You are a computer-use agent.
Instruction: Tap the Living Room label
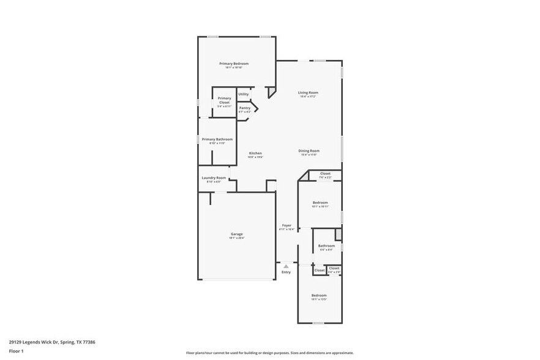click(x=309, y=92)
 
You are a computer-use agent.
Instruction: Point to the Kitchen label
click(x=255, y=153)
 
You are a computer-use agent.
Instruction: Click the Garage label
click(x=236, y=234)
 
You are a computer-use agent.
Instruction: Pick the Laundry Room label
click(x=214, y=178)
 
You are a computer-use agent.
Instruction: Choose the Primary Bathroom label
click(x=217, y=139)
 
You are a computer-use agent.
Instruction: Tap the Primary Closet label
click(x=225, y=100)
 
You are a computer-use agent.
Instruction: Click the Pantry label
click(x=244, y=108)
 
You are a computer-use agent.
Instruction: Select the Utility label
click(x=244, y=94)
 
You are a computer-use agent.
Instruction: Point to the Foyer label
click(x=287, y=225)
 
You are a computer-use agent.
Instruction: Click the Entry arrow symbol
click(x=286, y=266)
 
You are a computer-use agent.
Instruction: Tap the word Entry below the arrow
click(x=286, y=272)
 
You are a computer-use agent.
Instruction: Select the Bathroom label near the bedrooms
click(x=326, y=246)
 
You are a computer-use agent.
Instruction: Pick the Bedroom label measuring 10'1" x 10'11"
click(x=320, y=203)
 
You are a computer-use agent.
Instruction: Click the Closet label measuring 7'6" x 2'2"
click(x=325, y=173)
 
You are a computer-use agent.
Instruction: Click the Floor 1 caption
click(x=16, y=351)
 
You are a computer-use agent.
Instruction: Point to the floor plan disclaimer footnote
click(x=269, y=353)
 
